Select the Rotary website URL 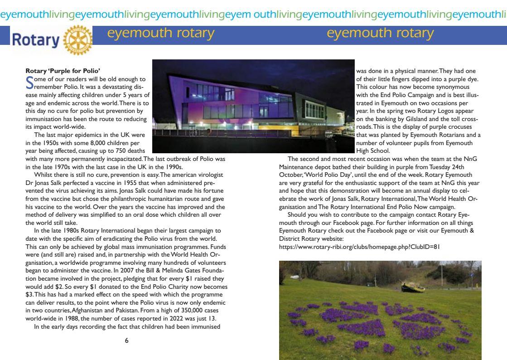tap(352, 247)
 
